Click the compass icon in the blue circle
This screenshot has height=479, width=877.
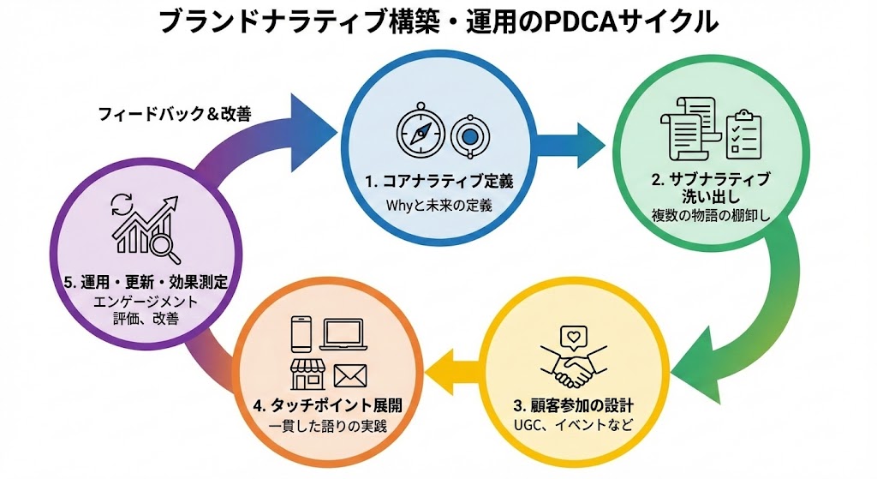point(419,135)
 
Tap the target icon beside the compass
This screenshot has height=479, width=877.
point(466,135)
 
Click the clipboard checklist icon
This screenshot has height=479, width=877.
point(743,134)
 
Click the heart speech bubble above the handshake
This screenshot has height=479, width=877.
point(570,337)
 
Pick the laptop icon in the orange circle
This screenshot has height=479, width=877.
point(343,333)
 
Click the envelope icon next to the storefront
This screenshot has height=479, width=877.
point(350,374)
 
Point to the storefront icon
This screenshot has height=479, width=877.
point(307,374)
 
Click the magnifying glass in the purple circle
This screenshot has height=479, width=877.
point(162,247)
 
